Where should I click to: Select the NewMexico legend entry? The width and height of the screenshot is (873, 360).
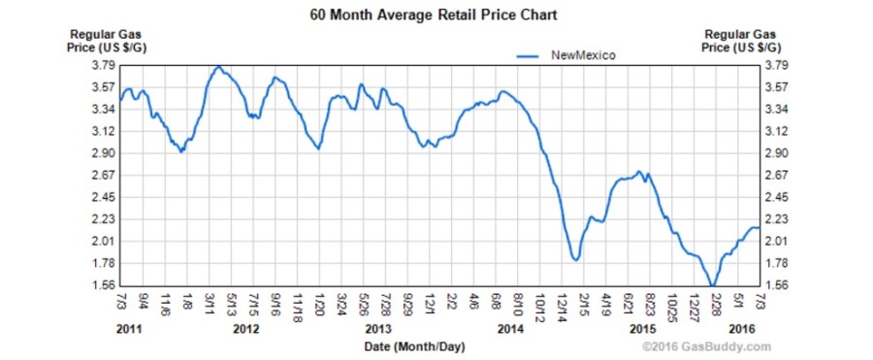(580, 56)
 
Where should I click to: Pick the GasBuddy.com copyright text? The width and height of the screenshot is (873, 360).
(712, 346)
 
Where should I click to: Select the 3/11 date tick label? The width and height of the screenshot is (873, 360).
(207, 305)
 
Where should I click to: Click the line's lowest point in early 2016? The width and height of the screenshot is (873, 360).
(713, 284)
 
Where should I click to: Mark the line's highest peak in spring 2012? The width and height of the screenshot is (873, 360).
(219, 67)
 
